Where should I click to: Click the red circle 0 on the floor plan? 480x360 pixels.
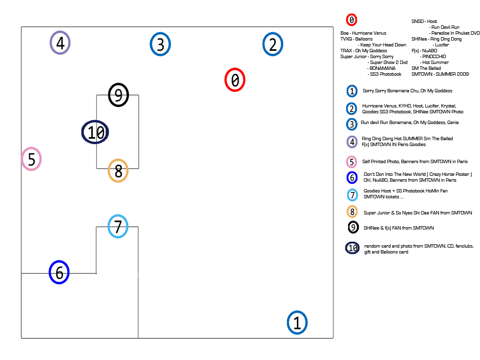coord(235,80)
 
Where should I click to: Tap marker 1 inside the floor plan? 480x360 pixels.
coord(297,323)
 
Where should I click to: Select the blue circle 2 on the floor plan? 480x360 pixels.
coord(273,44)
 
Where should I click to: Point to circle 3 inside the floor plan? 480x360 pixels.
coord(160,44)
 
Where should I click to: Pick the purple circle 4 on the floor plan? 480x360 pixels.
coord(60,43)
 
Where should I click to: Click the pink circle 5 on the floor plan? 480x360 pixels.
coord(31,159)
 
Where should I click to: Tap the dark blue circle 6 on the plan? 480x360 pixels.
coord(59,272)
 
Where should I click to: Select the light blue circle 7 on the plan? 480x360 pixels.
coord(118,226)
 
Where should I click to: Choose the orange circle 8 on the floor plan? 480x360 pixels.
coord(118,170)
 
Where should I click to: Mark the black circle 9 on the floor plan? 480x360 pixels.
coord(118,94)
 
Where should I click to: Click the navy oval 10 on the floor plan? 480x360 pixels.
coord(95,132)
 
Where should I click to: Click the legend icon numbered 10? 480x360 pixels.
coord(353,248)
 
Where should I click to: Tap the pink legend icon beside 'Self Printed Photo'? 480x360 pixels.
coord(352,161)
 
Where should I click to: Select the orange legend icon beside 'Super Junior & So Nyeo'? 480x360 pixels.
coord(352,212)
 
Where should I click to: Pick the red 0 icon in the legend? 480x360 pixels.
coord(352,20)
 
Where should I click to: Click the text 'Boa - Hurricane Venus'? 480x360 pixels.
coord(363,33)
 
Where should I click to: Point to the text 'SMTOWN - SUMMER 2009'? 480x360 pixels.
coord(440,74)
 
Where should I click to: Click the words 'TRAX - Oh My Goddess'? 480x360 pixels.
coord(363,51)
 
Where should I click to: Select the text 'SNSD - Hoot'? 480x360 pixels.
coord(424,21)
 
